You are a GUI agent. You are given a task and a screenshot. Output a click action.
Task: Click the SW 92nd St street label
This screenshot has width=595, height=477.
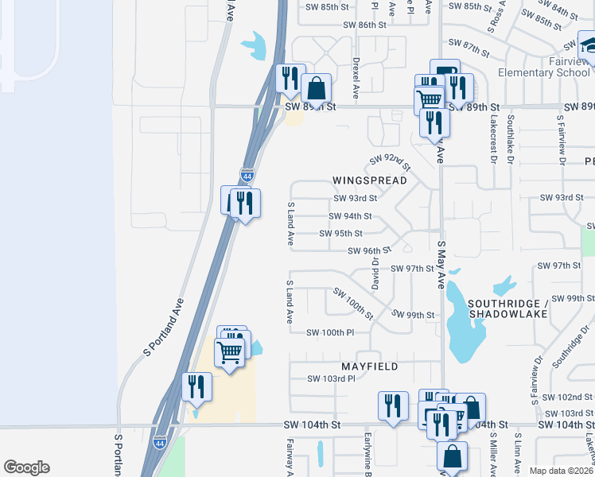pos(389,163)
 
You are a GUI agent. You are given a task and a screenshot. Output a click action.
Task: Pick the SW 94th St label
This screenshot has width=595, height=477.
pos(350,216)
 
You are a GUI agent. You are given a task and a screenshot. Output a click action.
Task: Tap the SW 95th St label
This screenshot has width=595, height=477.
pos(340,234)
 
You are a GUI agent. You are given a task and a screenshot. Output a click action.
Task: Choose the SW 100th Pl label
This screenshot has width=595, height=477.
pos(329,332)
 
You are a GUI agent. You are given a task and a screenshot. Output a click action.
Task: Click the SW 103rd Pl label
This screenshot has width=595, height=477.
pos(331,379)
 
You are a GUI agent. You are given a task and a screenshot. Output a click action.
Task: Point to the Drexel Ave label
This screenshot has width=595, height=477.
pos(356,77)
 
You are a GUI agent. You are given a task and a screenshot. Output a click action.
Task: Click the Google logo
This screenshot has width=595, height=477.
pos(26,467)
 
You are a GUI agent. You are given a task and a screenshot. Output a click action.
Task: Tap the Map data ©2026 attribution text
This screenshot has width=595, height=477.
pos(561,471)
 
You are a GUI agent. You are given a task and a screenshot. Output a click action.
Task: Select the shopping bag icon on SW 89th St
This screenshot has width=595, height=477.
pos(317,90)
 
